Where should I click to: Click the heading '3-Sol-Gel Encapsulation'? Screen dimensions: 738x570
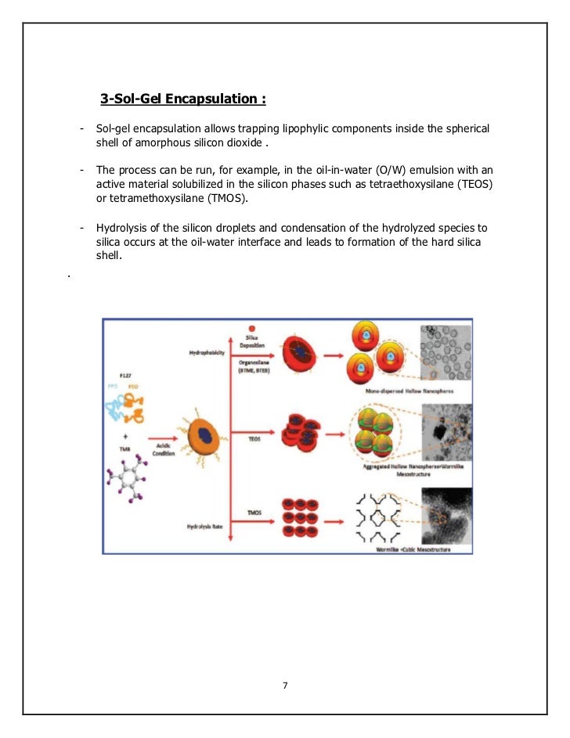[x=182, y=99]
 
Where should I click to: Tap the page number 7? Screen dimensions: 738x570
[x=285, y=686]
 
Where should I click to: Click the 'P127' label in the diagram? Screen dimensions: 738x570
[x=125, y=376]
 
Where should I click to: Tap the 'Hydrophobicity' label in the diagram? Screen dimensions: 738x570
[x=207, y=352]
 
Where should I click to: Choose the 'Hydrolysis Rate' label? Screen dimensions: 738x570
[x=207, y=527]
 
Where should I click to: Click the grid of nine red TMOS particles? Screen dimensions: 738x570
[x=301, y=512]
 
